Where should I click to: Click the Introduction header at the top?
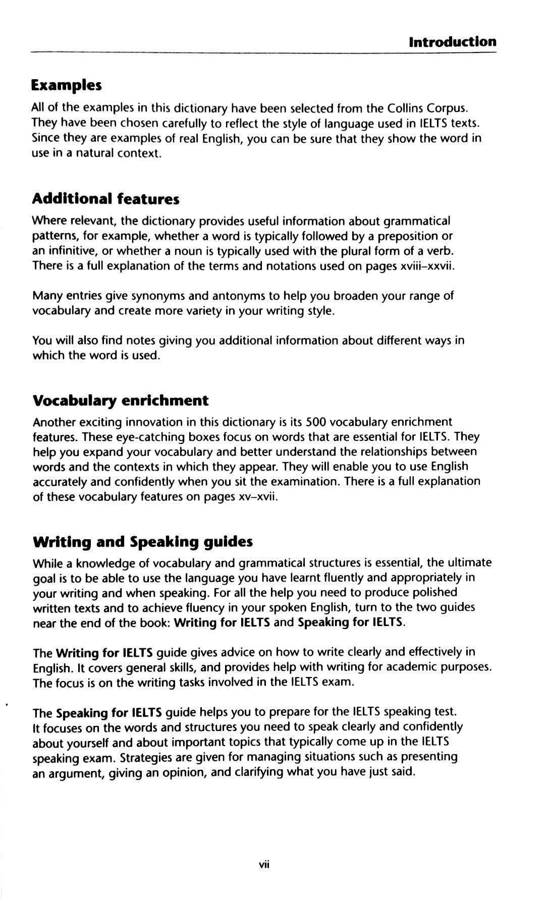pos(453,41)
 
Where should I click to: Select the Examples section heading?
pos(66,85)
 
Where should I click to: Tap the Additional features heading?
pos(105,199)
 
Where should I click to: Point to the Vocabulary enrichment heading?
pos(120,401)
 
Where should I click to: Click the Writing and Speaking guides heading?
pos(142,542)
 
